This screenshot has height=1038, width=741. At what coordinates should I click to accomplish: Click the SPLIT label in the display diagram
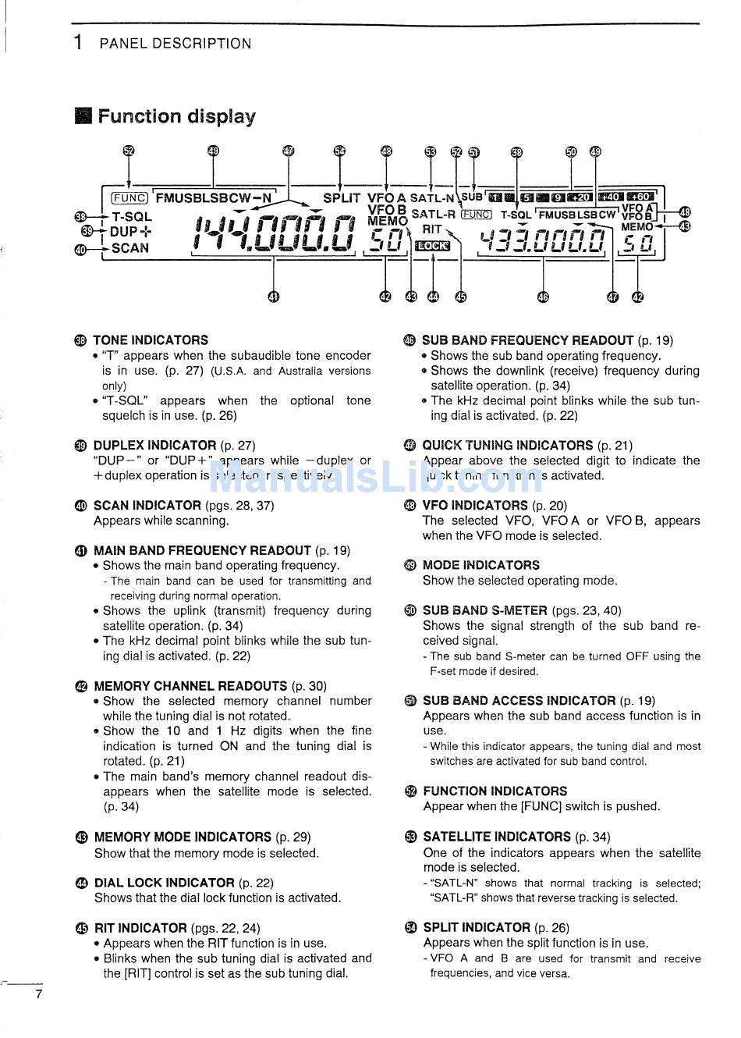pos(342,199)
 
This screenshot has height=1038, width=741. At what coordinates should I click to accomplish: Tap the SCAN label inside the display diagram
pos(130,248)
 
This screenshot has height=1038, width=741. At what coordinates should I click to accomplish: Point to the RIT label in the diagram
pos(432,229)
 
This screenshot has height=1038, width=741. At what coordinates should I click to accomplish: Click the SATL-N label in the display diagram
pos(432,199)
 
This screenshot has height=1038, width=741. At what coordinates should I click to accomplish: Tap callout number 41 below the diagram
pos(273,296)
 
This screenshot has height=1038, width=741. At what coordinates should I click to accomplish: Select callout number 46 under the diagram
pos(543,296)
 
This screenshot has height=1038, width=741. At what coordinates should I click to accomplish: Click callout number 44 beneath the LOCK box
pos(434,296)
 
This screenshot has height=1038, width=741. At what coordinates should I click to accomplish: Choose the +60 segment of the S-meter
pos(641,197)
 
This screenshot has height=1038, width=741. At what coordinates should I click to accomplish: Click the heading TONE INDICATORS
pos(151,340)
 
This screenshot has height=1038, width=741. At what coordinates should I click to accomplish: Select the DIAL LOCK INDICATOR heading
pos(164,883)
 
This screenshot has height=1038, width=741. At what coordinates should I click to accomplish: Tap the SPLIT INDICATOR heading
pos(476,928)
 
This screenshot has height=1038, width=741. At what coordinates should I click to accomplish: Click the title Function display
pos(176,117)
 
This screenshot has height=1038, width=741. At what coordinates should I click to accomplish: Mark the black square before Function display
pos(83,117)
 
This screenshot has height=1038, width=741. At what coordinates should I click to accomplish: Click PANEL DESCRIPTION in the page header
pos(175,44)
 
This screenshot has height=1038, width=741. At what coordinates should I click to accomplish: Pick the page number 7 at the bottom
pos(38,994)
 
